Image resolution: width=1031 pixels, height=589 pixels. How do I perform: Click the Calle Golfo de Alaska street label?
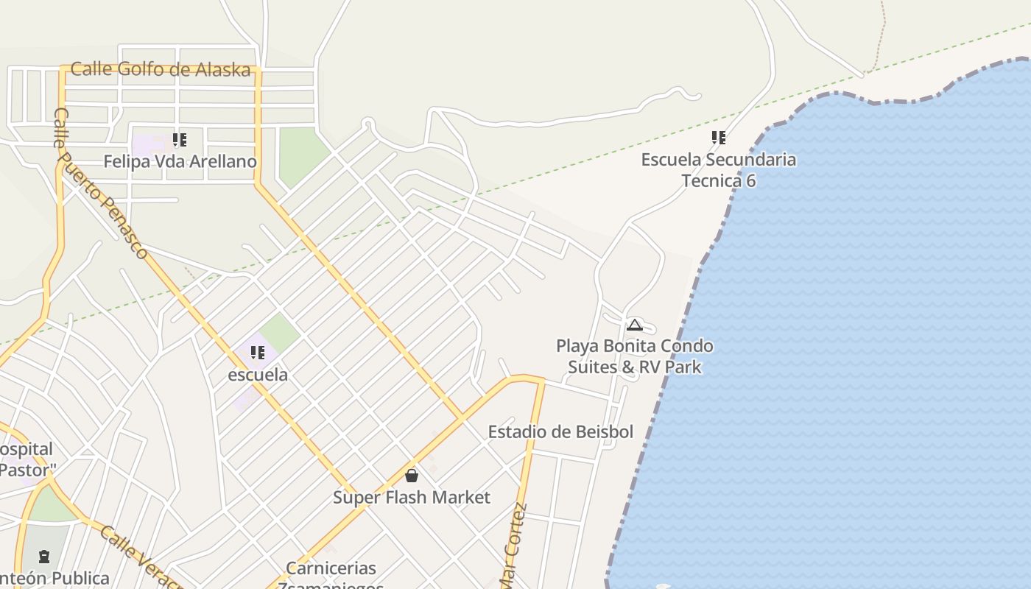click(161, 69)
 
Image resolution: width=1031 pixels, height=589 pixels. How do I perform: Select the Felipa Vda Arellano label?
click(180, 161)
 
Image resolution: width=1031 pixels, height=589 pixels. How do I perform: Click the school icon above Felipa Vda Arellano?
click(180, 139)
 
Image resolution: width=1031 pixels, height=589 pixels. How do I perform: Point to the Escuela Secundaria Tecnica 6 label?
click(718, 170)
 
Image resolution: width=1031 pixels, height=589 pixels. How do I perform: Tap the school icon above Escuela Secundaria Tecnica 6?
click(719, 138)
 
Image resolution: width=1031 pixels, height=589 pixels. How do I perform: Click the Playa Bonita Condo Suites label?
click(634, 356)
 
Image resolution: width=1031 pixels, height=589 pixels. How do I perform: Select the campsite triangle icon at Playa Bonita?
click(635, 325)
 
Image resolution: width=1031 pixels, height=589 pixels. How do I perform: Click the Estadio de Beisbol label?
click(560, 431)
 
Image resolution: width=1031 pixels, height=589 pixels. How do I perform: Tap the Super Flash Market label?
click(411, 498)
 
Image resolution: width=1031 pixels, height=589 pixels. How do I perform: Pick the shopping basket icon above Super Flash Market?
click(412, 476)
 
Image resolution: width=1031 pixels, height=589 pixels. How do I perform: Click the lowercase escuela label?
click(258, 375)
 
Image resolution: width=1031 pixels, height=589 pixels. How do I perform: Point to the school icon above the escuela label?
click(258, 353)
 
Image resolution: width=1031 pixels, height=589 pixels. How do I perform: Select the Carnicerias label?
click(331, 569)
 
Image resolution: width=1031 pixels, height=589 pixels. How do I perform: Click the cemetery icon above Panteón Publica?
click(44, 556)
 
